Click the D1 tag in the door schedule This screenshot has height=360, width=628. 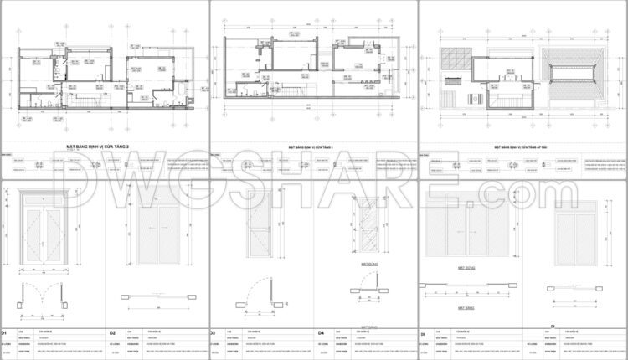5,332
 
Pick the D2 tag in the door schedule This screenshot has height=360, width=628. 111,332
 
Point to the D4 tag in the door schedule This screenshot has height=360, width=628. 322,332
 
